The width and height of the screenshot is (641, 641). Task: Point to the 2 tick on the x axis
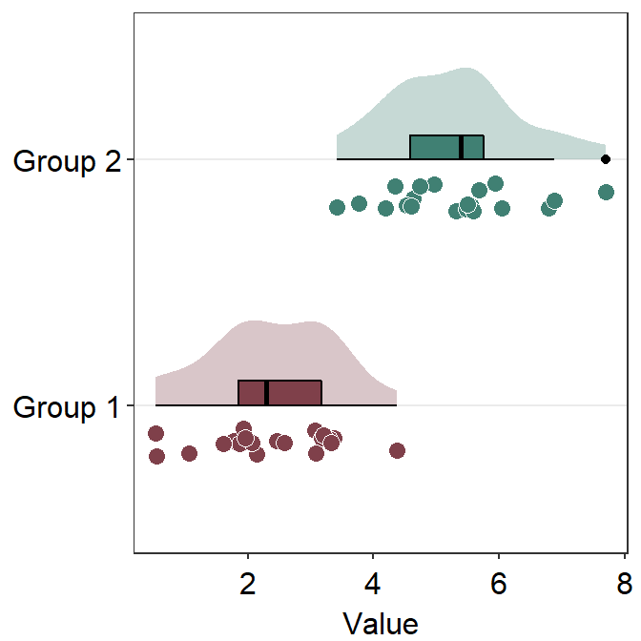[249, 583]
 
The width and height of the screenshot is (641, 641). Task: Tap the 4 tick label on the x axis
[374, 583]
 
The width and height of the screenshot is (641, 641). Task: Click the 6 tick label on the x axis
[499, 583]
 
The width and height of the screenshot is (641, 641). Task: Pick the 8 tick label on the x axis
[623, 583]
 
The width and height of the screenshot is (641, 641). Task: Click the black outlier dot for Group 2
[606, 159]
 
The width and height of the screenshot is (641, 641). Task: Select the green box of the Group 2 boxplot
[434, 148]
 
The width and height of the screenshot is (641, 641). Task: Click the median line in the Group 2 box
[461, 148]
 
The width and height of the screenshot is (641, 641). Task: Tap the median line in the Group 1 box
[266, 393]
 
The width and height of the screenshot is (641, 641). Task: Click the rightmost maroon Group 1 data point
[398, 450]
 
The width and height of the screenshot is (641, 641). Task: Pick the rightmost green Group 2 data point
[606, 193]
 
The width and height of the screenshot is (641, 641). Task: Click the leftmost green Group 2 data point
[337, 207]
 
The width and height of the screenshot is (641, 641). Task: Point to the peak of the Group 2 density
[465, 71]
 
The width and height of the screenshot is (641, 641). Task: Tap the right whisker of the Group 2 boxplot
[520, 159]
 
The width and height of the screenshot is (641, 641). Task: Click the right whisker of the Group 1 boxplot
[360, 405]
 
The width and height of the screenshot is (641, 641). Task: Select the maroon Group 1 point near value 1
[189, 453]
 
